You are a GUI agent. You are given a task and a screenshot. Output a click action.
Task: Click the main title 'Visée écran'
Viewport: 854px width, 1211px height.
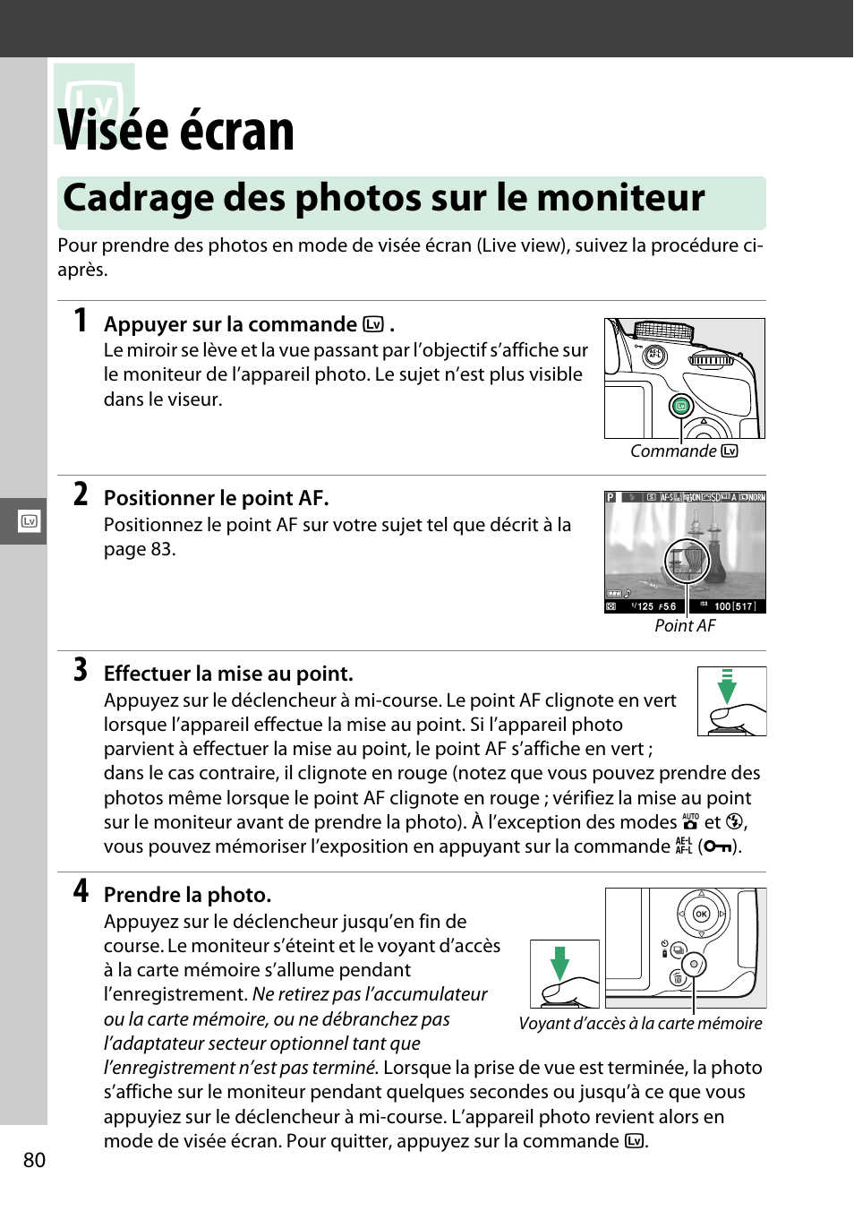point(176,131)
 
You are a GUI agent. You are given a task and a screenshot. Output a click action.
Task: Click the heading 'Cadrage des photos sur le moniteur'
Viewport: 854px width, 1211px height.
point(384,198)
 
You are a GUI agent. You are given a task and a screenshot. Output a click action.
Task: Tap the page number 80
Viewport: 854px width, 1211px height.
point(34,1160)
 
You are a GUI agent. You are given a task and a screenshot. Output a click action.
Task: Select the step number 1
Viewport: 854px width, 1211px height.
point(81,320)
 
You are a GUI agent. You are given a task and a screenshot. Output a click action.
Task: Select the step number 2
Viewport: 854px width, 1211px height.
point(81,494)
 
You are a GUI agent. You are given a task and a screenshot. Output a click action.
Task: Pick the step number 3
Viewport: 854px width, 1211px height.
point(81,669)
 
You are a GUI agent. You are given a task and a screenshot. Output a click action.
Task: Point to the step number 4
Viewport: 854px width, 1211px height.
point(81,890)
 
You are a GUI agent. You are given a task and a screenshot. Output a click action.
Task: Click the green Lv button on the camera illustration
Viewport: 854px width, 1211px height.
point(680,406)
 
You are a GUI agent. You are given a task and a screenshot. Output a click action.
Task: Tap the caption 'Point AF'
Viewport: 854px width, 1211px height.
point(685,626)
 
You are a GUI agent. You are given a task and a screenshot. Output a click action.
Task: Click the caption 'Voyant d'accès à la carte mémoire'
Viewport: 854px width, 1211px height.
point(640,1024)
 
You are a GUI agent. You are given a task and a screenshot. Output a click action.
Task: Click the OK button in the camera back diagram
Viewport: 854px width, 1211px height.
point(701,914)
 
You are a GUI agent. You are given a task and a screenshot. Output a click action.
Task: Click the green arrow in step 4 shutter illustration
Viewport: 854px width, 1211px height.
point(559,963)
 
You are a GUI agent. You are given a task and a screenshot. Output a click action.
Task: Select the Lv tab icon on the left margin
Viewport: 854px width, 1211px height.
point(29,521)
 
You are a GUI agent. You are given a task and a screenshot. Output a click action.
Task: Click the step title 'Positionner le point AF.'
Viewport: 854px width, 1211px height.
point(216,498)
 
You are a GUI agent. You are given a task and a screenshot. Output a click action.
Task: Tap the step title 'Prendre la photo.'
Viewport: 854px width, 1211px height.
point(187,895)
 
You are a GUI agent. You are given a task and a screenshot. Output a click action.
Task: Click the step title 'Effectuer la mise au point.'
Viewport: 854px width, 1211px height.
point(228,674)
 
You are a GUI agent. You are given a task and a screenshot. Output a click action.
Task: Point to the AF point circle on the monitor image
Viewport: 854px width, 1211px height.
point(687,562)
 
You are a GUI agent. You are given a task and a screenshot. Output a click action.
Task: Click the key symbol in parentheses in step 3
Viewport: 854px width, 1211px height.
point(718,846)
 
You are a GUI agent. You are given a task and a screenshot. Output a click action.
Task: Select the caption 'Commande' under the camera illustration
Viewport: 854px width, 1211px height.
point(673,451)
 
